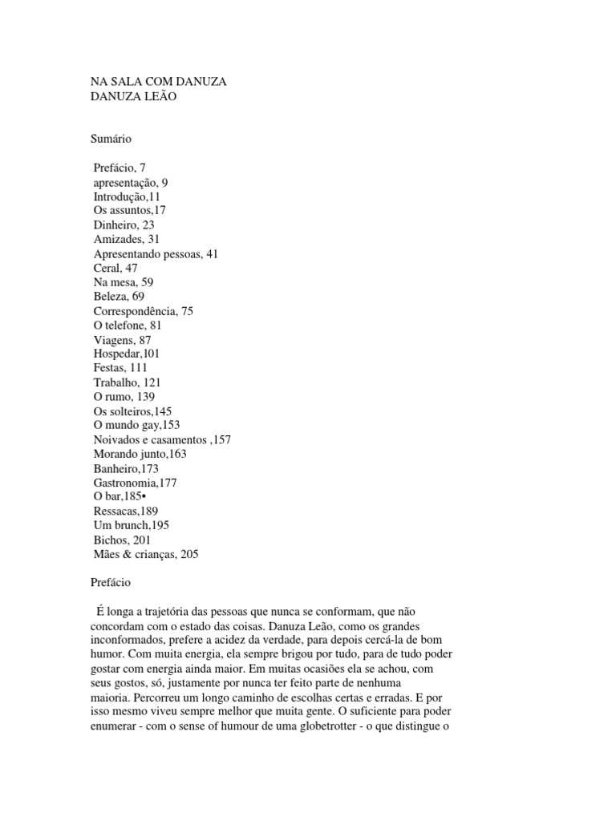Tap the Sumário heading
pos(110,139)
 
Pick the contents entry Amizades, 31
pos(127,239)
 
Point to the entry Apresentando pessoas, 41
pos(156,253)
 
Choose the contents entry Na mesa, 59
pos(124,282)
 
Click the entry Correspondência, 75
pos(144,311)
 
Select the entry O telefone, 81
pos(128,326)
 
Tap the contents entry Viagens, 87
pos(123,340)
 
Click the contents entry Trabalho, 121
pos(128,382)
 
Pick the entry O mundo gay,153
pos(136,425)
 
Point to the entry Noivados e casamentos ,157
pos(162,439)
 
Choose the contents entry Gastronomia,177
pos(133,483)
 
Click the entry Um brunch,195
pos(131,525)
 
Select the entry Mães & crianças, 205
pos(145,554)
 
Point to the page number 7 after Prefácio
pos(143,168)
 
